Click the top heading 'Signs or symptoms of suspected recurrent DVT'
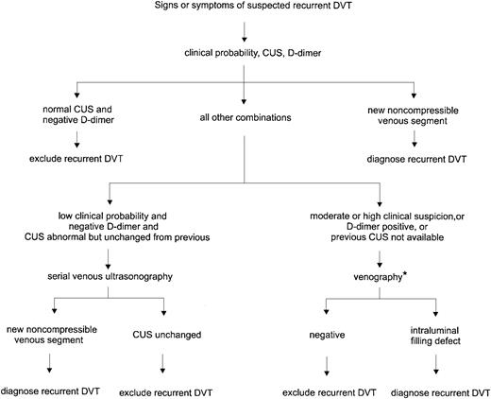click(245, 9)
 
